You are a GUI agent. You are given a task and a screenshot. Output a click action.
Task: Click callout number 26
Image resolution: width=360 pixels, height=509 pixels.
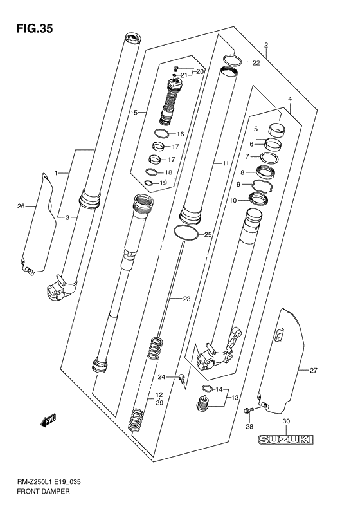21,206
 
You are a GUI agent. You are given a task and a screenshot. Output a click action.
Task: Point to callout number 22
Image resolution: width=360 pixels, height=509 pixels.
256,63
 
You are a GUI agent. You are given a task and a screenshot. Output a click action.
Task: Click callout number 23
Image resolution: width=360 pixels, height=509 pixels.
186,299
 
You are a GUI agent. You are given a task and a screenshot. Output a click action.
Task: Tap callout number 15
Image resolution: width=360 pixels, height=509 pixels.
134,113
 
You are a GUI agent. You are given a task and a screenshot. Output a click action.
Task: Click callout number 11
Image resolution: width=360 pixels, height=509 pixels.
225,164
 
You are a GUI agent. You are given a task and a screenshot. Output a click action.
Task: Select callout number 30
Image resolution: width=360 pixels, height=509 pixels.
287,421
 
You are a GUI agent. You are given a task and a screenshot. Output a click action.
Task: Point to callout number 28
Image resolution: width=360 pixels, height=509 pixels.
249,426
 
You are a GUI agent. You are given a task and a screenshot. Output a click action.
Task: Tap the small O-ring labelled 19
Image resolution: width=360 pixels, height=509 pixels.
149,183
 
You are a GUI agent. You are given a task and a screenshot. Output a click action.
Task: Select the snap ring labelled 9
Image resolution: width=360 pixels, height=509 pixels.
264,187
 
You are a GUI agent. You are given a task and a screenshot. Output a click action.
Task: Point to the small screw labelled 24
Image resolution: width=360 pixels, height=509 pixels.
183,380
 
